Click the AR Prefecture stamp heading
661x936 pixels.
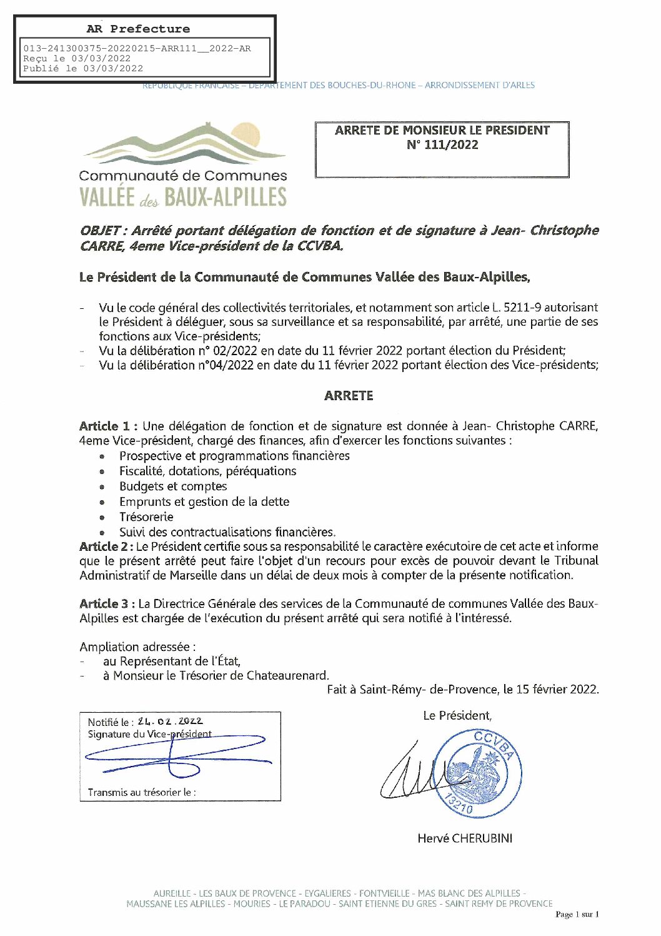coord(138,29)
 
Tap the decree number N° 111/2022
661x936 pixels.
coord(442,145)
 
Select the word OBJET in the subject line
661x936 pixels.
coord(100,231)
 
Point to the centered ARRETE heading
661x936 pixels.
coord(349,396)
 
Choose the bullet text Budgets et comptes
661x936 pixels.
coord(173,486)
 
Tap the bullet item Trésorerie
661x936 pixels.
coord(146,517)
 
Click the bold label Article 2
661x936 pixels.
coord(105,546)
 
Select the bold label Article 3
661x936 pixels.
coord(106,604)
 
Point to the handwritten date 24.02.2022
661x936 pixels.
coord(170,721)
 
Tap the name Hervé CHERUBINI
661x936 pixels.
coord(465,838)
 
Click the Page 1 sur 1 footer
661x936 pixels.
coord(577,915)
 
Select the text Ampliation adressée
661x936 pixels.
coord(137,647)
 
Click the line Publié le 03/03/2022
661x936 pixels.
coord(83,69)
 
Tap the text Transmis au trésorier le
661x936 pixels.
coord(142,792)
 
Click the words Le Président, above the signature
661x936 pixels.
coord(457,716)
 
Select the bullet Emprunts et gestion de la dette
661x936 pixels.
coord(204,501)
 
